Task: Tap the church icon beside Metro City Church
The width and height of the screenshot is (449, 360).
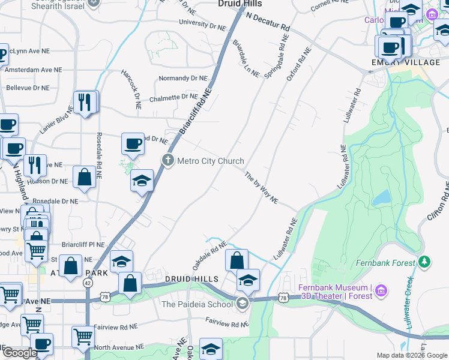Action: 168,160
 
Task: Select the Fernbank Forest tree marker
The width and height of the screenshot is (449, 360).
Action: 425,262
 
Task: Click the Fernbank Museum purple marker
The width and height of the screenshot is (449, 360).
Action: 379,292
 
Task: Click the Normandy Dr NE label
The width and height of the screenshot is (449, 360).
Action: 182,79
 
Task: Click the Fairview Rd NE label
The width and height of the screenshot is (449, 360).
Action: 226,323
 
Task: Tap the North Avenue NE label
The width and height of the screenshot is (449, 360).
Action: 119,347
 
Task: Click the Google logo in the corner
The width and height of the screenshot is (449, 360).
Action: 19,353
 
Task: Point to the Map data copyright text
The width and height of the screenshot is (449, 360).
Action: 411,355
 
